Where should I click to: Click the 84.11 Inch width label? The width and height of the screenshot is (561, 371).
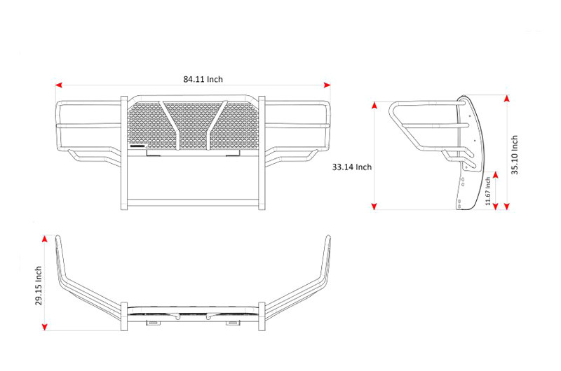tap(203, 79)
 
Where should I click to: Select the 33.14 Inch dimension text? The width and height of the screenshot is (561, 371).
tap(352, 167)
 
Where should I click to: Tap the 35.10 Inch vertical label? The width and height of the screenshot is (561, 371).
tap(515, 155)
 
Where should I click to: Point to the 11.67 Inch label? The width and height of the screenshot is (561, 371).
tap(488, 191)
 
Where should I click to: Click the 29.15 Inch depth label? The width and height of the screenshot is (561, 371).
tap(39, 286)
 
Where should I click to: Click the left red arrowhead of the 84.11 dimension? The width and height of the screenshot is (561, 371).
tap(59, 85)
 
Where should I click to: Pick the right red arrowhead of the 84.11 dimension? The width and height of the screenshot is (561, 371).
tap(327, 85)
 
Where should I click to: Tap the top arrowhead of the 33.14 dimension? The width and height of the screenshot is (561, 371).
tap(374, 105)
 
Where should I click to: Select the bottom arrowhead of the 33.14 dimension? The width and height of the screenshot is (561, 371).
tap(374, 206)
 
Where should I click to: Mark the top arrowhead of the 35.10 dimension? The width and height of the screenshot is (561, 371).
tap(506, 98)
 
